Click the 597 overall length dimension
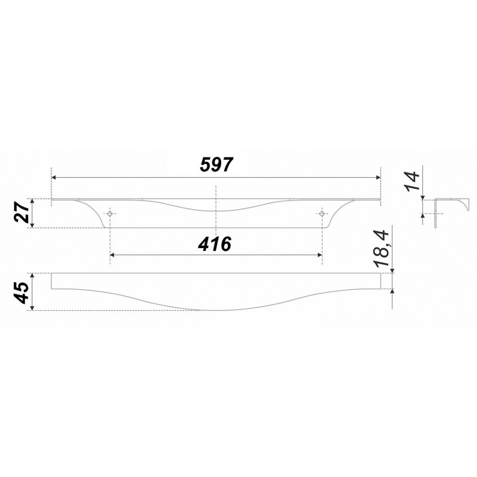[216, 165]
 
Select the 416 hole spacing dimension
[215, 244]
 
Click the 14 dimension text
[412, 182]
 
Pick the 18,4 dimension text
[382, 249]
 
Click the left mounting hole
[110, 213]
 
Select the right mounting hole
[322, 213]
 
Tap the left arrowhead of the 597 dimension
[54, 178]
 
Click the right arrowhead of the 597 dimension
[379, 178]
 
